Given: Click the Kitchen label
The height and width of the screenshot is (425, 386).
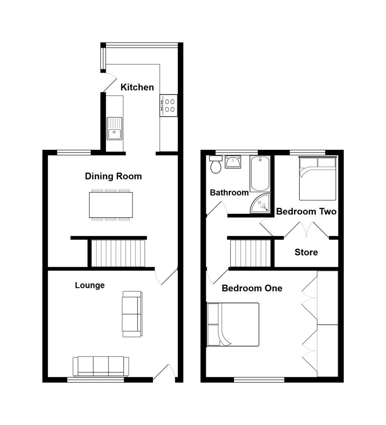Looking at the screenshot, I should (137, 87).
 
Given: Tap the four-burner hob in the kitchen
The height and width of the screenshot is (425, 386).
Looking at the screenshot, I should (168, 105).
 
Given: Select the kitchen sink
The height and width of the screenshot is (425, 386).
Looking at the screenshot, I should (114, 129).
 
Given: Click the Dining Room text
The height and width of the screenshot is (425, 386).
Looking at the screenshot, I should (113, 176).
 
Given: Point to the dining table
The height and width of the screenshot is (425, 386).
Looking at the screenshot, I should (111, 205).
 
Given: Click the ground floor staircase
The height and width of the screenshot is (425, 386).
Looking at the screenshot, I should (118, 253).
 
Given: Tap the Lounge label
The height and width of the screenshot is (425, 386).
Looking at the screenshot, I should (90, 285).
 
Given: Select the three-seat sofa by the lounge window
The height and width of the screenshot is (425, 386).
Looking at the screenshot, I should (101, 366).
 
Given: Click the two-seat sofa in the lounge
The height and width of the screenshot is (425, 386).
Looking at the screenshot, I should (132, 314).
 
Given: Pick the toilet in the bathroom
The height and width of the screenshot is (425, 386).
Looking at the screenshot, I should (216, 165).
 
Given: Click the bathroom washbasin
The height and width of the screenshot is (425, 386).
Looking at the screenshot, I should (233, 162).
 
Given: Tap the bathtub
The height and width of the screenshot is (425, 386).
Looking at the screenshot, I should (260, 173).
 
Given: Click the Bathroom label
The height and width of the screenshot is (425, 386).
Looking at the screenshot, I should (229, 193).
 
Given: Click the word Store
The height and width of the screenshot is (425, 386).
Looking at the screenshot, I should (306, 252).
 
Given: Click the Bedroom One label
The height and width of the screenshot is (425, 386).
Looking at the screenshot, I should (252, 288).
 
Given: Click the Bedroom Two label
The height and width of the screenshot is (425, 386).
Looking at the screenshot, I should (306, 212).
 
